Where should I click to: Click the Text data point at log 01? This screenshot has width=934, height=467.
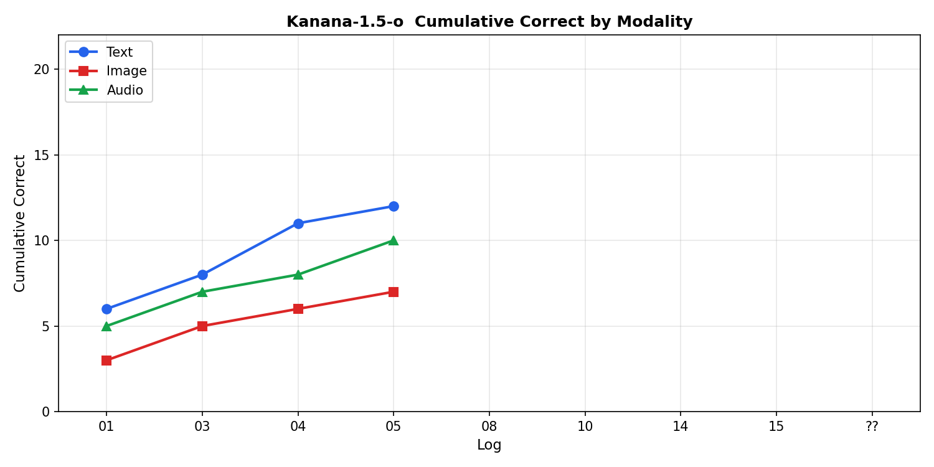106,309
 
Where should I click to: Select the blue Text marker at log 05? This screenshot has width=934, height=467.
394,206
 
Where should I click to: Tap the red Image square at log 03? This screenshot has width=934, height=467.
202,326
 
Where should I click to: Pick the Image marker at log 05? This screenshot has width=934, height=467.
394,292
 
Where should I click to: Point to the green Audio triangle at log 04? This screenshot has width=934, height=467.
298,275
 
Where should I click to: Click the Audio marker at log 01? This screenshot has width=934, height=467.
106,326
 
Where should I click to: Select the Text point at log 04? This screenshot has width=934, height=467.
298,224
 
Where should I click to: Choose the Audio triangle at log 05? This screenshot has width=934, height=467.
394,240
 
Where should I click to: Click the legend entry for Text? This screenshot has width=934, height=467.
119,52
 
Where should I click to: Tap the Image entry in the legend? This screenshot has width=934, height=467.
126,71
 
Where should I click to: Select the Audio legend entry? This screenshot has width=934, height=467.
125,90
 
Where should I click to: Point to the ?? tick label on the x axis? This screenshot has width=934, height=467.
872,427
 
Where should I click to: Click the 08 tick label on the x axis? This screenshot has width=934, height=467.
489,427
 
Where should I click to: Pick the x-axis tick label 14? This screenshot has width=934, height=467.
681,427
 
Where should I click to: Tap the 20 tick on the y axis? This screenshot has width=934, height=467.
42,69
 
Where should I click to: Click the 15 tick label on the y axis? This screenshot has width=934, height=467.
42,155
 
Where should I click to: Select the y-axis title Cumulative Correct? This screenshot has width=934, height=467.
20,223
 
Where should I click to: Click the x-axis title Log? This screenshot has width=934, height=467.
489,445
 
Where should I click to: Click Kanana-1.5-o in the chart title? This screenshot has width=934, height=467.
344,22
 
